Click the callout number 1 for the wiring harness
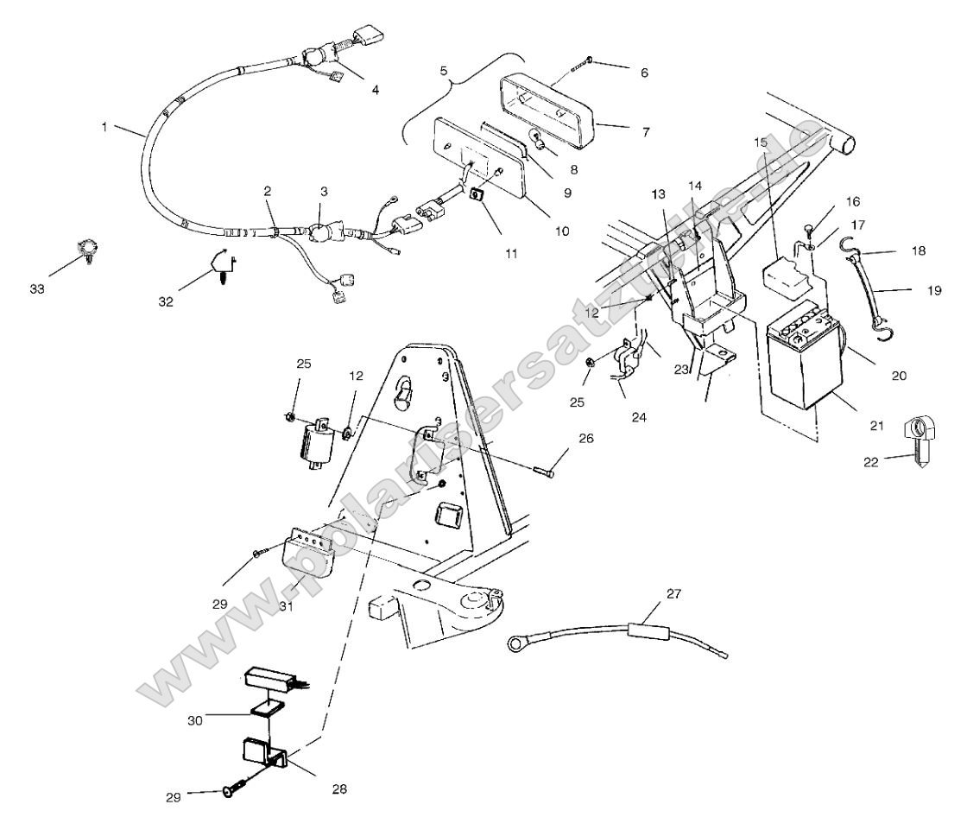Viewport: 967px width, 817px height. (x=104, y=126)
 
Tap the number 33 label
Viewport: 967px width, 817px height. (x=37, y=288)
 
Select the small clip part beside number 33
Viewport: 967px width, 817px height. (x=86, y=251)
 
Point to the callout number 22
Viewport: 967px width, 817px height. (x=870, y=462)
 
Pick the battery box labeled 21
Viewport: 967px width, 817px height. (x=803, y=354)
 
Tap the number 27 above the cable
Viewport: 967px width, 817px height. (x=673, y=593)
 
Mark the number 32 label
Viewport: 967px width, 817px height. (x=165, y=301)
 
